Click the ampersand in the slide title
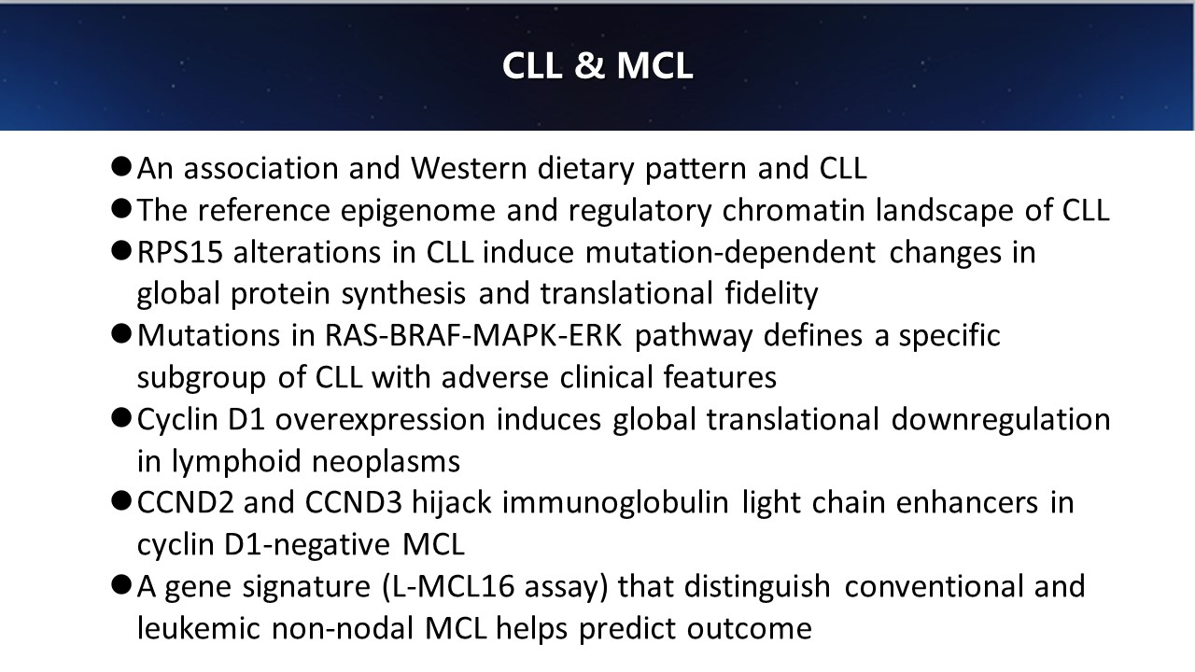coord(589,65)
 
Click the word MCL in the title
coord(654,65)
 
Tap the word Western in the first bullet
coord(469,168)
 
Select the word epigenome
coord(418,210)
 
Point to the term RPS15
coord(180,252)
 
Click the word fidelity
coord(771,294)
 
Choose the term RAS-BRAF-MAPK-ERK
coord(473,335)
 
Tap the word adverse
coord(495,377)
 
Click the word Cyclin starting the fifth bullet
coord(177,420)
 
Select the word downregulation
coord(1001,420)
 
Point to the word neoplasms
coord(386,462)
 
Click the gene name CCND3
coord(353,503)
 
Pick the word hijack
coord(452,503)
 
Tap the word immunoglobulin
coord(615,503)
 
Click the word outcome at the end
coord(749,629)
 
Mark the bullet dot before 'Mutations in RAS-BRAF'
coord(121,334)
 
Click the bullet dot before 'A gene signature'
coord(121,585)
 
